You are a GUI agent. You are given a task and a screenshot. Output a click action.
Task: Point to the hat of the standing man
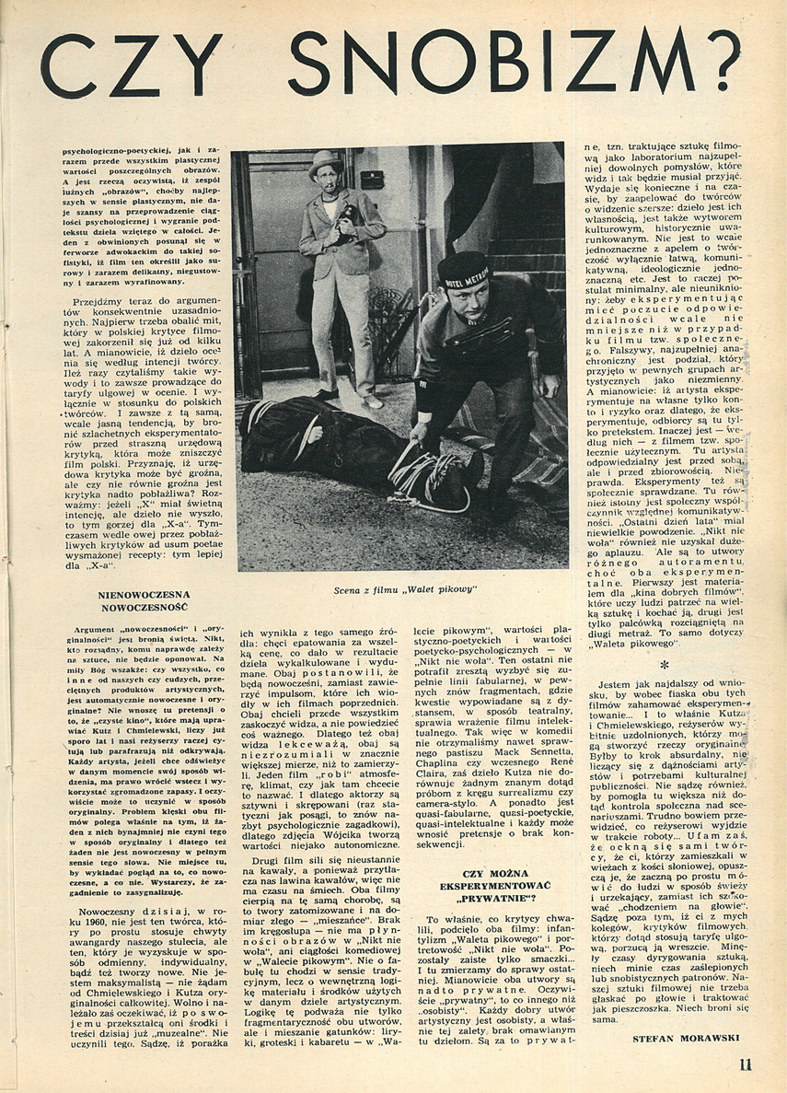pos(324,161)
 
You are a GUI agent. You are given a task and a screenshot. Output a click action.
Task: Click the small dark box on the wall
pos(372,179)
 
